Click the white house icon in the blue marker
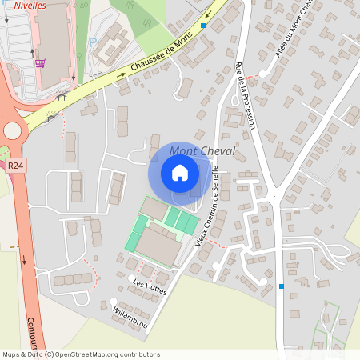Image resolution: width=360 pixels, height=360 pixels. point(180,172)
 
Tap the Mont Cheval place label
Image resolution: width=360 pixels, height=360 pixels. point(202,151)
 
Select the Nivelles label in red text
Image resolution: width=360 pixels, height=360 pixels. point(30,5)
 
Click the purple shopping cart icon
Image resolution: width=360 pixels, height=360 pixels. point(40,62)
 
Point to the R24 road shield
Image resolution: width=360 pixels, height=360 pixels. point(14,166)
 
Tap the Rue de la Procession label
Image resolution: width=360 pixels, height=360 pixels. point(245,95)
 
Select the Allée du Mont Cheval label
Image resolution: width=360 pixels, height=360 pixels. point(292,33)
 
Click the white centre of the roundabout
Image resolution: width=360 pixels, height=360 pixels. point(13,130)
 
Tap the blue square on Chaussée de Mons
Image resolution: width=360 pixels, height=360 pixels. point(204,26)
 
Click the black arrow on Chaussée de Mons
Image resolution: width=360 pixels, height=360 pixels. point(122,74)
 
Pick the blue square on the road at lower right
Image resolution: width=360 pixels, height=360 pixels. point(282,286)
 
